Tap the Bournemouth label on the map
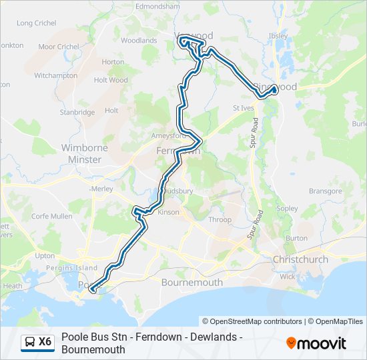pyautogui.click(x=192, y=282)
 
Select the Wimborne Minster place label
pyautogui.click(x=81, y=153)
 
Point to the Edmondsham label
pyautogui.click(x=157, y=6)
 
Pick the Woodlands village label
pyautogui.click(x=139, y=41)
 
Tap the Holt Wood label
pyautogui.click(x=111, y=80)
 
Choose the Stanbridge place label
pyautogui.click(x=77, y=113)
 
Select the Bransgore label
pyautogui.click(x=326, y=191)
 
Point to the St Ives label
pyautogui.click(x=244, y=107)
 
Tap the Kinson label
pyautogui.click(x=169, y=213)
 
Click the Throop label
pyautogui.click(x=220, y=220)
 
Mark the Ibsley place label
pyautogui.click(x=278, y=36)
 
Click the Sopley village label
pyautogui.click(x=287, y=209)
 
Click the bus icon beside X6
pyautogui.click(x=30, y=342)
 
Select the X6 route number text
pyautogui.click(x=45, y=342)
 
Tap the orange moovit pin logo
pyautogui.click(x=291, y=343)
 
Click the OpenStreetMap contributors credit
pyautogui.click(x=252, y=321)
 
